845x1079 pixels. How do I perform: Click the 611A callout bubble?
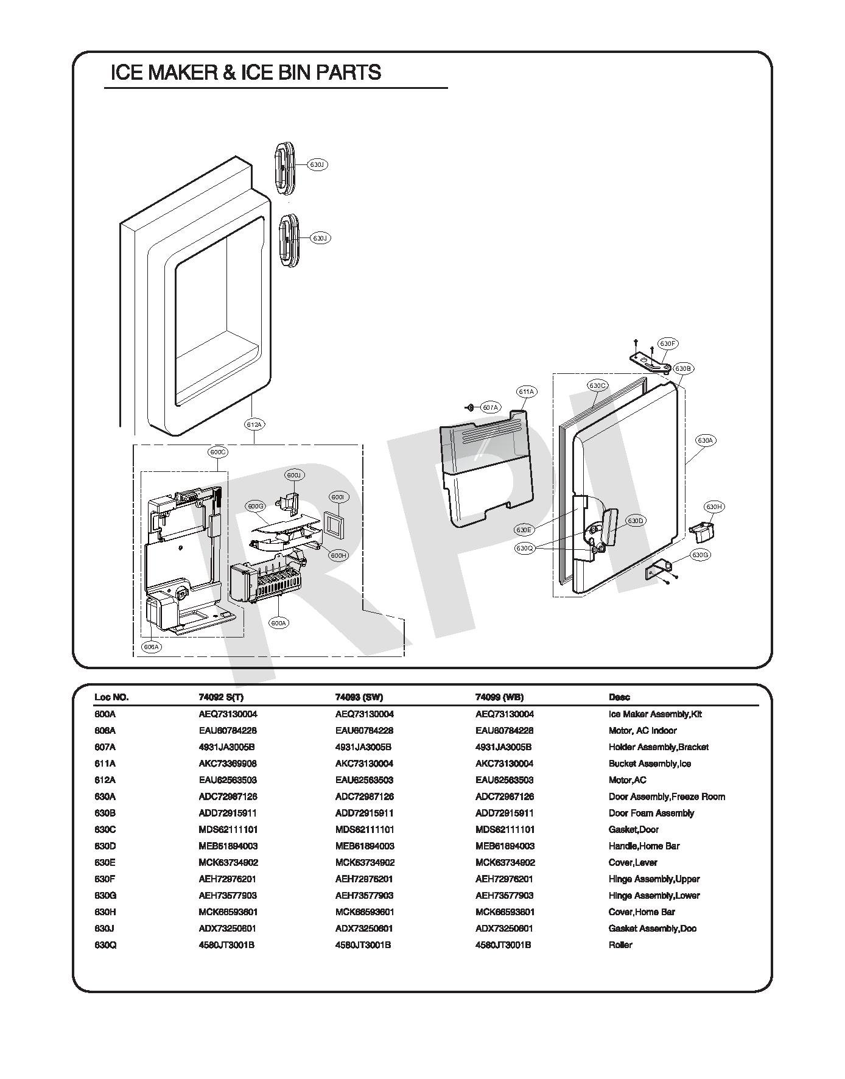coord(526,392)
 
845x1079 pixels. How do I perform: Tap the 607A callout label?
coord(490,407)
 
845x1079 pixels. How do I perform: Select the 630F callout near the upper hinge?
coord(668,344)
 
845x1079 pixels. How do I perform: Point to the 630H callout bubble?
coord(714,507)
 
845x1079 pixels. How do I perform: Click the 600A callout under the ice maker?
coord(279,623)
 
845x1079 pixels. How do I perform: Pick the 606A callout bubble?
coord(151,647)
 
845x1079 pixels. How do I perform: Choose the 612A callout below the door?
coord(254,424)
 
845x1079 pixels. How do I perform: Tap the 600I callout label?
coord(338,497)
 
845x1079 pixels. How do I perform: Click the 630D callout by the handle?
coord(636,521)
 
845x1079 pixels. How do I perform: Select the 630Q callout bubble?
coord(524,548)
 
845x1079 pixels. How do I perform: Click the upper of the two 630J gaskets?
coord(284,169)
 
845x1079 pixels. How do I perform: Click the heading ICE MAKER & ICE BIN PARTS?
coord(245,72)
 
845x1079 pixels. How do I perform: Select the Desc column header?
coord(619,697)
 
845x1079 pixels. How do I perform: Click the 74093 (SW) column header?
coord(359,697)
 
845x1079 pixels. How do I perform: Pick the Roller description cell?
coord(620,945)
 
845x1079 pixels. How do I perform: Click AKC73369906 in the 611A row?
coord(223,764)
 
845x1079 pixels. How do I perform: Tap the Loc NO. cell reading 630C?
coord(105,829)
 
